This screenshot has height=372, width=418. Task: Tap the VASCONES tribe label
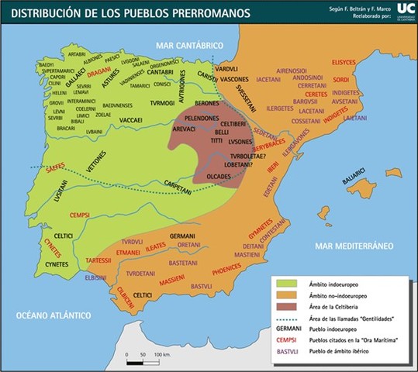click(x=233, y=80)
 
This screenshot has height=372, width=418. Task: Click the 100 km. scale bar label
click(x=162, y=354)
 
